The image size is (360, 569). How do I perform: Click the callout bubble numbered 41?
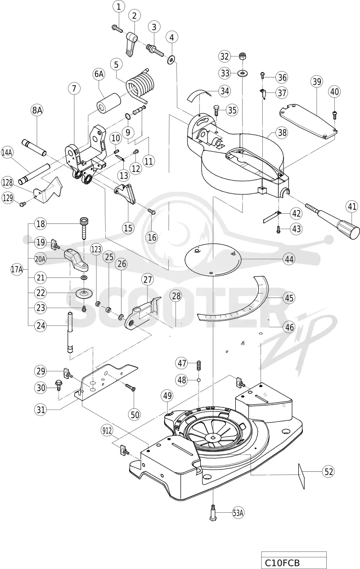click(352, 207)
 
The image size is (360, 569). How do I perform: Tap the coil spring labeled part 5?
click(140, 85)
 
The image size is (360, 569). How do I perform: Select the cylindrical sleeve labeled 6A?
click(109, 104)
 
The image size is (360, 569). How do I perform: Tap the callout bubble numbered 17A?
click(17, 269)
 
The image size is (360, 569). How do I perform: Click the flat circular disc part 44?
click(213, 259)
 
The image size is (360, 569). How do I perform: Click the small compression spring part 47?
click(199, 366)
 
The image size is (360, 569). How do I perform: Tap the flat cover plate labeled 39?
click(308, 122)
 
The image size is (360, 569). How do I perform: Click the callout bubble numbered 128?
click(8, 183)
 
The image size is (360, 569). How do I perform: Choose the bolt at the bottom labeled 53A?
click(213, 512)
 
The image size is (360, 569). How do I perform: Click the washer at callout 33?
click(243, 74)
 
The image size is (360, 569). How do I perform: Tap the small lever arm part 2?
click(131, 43)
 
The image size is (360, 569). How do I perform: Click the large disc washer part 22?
click(84, 294)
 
